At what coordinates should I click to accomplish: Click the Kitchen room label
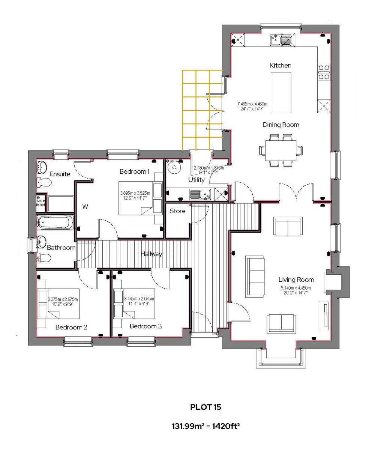pyautogui.click(x=280, y=65)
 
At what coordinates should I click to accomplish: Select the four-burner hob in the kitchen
pyautogui.click(x=324, y=72)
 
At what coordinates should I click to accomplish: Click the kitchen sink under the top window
pyautogui.click(x=282, y=39)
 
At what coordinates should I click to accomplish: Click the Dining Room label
pyautogui.click(x=280, y=125)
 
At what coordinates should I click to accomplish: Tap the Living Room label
pyautogui.click(x=296, y=280)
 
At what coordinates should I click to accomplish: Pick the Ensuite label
pyautogui.click(x=60, y=174)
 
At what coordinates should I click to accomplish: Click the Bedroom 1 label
pyautogui.click(x=135, y=171)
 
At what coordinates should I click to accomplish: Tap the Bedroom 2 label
pyautogui.click(x=71, y=327)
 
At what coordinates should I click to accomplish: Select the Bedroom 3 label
pyautogui.click(x=145, y=326)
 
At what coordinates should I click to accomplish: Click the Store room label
pyautogui.click(x=177, y=211)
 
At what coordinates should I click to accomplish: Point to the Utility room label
pyautogui.click(x=196, y=180)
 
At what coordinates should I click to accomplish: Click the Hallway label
pyautogui.click(x=151, y=254)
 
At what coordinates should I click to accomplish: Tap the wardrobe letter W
pyautogui.click(x=85, y=206)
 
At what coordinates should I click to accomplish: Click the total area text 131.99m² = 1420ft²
pyautogui.click(x=206, y=426)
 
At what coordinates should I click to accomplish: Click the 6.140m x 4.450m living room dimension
pyautogui.click(x=296, y=288)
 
